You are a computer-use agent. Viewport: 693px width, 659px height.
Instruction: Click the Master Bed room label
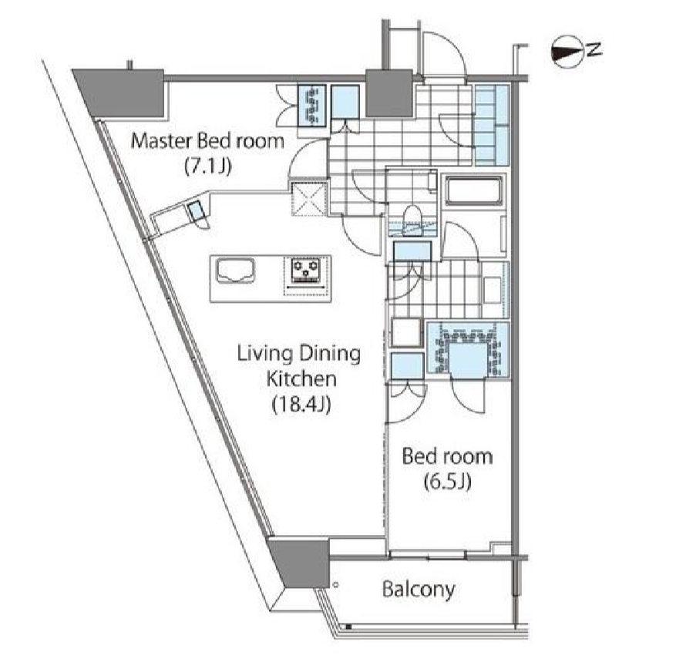(x=207, y=142)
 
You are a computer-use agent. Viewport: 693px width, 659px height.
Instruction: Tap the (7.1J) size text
(x=207, y=166)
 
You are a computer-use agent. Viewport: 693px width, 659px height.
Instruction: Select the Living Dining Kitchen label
(x=299, y=366)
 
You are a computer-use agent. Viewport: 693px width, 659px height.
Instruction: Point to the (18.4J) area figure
(x=301, y=404)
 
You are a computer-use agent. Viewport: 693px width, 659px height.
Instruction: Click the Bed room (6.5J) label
(x=447, y=469)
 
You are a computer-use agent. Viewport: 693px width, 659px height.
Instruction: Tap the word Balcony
(x=418, y=590)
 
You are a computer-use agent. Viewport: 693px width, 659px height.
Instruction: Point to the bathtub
(x=474, y=191)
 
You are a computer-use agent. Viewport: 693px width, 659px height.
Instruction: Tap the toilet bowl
(x=412, y=215)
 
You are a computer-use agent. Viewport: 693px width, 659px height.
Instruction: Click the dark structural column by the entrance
(x=389, y=94)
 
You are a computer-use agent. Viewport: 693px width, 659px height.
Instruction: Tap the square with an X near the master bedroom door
(x=309, y=198)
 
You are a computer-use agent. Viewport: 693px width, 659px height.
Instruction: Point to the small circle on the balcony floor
(x=336, y=585)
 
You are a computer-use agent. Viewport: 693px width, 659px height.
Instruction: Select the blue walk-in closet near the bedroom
(x=468, y=350)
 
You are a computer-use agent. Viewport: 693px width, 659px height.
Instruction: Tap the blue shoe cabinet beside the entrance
(x=492, y=125)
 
